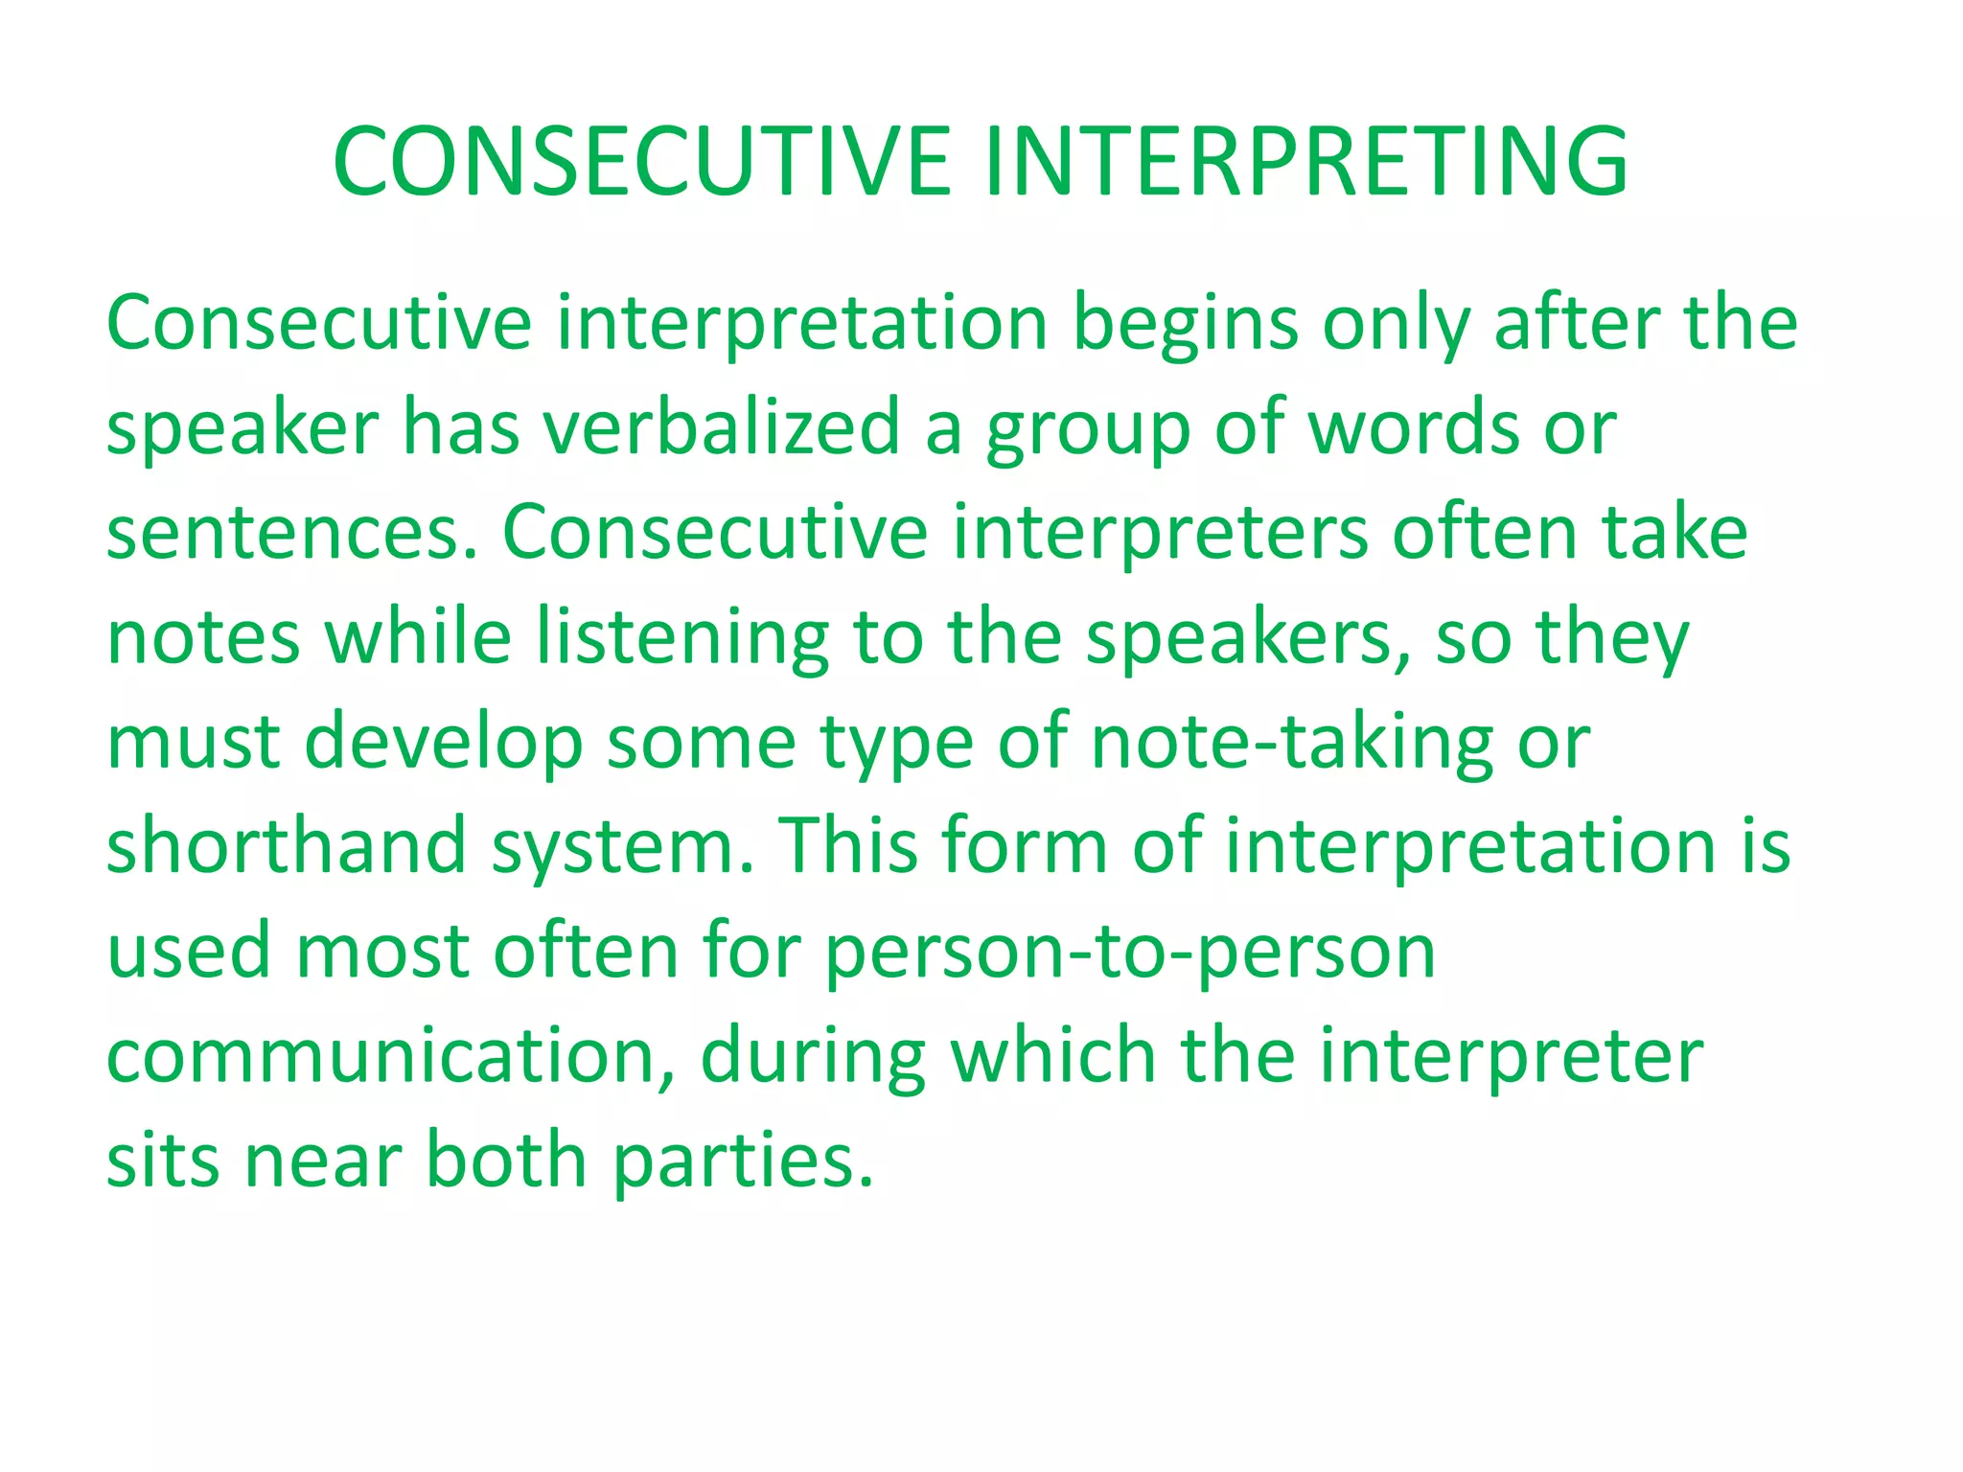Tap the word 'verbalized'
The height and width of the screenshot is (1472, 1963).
pos(722,427)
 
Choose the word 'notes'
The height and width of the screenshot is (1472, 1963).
pos(203,638)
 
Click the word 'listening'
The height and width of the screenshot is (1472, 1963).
pos(682,640)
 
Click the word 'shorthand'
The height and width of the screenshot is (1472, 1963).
pos(286,847)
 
